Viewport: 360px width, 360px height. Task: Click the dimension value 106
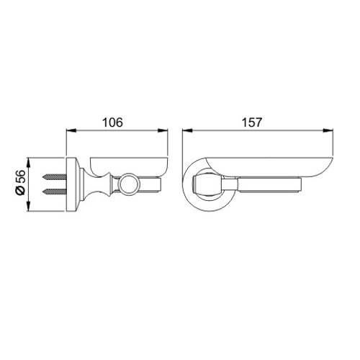[x=112, y=122]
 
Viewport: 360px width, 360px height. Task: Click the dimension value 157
[x=252, y=122]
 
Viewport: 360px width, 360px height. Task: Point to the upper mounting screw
[x=54, y=178]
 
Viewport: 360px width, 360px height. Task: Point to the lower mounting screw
[x=54, y=192]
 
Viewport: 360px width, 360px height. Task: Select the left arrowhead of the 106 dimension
[x=71, y=130]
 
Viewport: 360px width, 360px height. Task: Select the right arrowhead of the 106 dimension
[x=163, y=130]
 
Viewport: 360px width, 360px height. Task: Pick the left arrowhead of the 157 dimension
[x=187, y=130]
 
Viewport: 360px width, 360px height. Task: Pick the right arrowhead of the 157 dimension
[x=328, y=130]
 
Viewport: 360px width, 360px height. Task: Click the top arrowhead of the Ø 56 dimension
[x=29, y=163]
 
